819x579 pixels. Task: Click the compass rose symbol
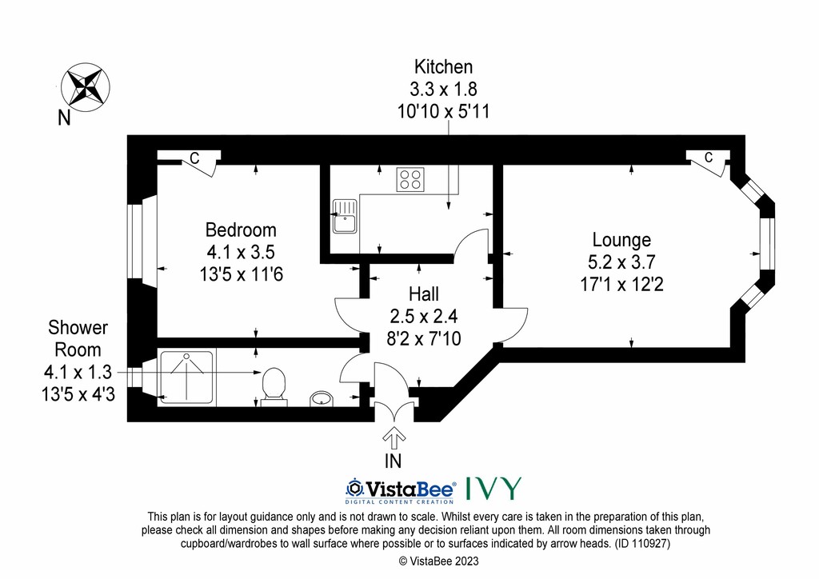coord(86,86)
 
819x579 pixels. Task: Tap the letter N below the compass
coord(64,118)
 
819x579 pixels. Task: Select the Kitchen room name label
coord(443,67)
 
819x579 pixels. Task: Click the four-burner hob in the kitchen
coord(410,179)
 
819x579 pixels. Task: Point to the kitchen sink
coord(344,216)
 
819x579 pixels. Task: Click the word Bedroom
coord(241,230)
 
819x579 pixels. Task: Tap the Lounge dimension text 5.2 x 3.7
coord(621,262)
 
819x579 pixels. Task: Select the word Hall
coord(424,294)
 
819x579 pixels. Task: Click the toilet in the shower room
coord(274,387)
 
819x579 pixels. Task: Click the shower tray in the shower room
coord(186,377)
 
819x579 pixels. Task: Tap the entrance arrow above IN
coord(394,437)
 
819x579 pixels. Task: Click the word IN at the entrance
coord(394,461)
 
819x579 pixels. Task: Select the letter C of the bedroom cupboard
coord(194,158)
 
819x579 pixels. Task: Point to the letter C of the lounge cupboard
coord(709,158)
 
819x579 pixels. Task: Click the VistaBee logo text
coord(401,490)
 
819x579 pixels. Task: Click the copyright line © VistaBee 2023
coord(439,561)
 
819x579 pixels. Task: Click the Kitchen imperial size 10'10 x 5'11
coord(443,111)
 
